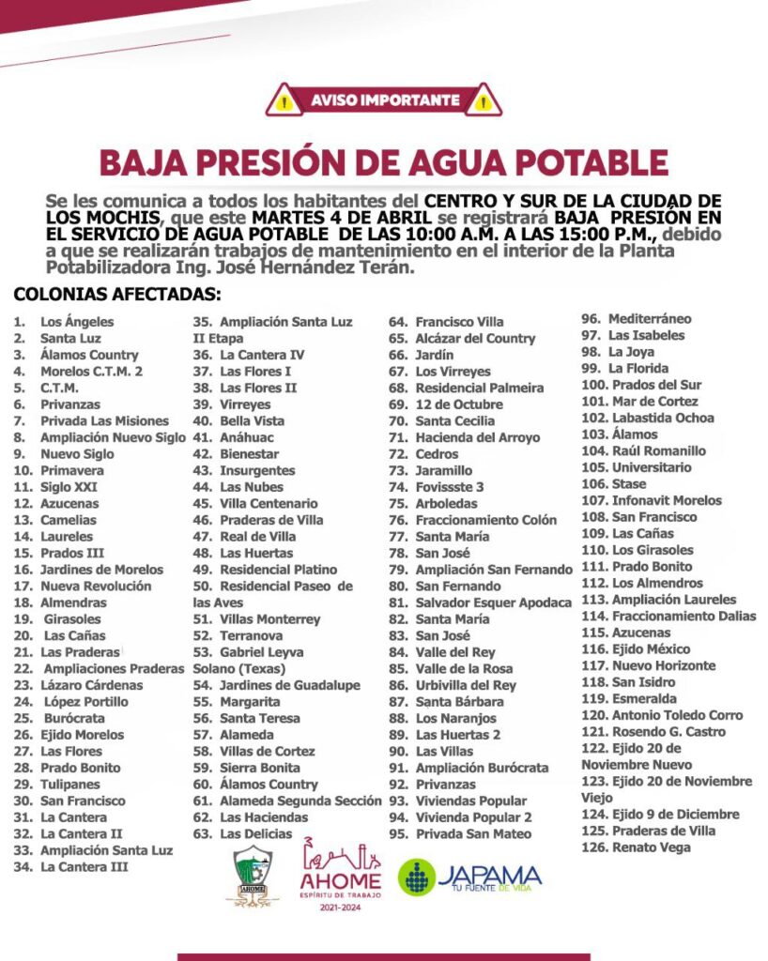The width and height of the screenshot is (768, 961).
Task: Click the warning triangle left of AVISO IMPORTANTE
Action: [x=284, y=99]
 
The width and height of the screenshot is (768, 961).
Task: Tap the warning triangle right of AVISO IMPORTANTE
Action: [x=484, y=99]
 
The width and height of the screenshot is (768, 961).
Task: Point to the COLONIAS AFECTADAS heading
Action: [x=117, y=294]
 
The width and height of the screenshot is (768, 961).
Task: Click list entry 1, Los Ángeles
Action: [x=76, y=322]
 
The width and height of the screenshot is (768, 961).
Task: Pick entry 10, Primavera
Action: [x=71, y=470]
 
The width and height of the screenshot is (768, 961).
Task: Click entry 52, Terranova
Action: [x=251, y=635]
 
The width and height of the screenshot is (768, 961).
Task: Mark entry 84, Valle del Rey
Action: [x=454, y=652]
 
